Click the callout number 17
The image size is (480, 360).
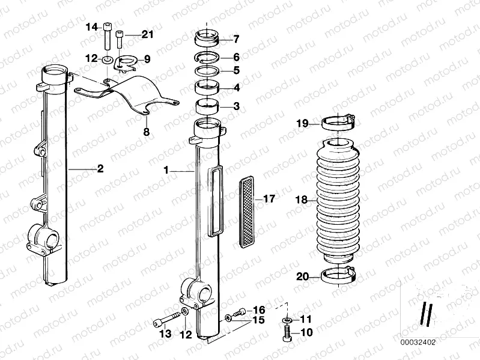click(x=269, y=199)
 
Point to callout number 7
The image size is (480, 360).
click(x=236, y=40)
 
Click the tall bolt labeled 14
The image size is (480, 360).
click(x=107, y=34)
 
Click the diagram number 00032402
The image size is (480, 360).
click(x=418, y=342)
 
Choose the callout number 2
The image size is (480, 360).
click(x=100, y=169)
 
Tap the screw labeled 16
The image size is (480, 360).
click(x=240, y=311)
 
